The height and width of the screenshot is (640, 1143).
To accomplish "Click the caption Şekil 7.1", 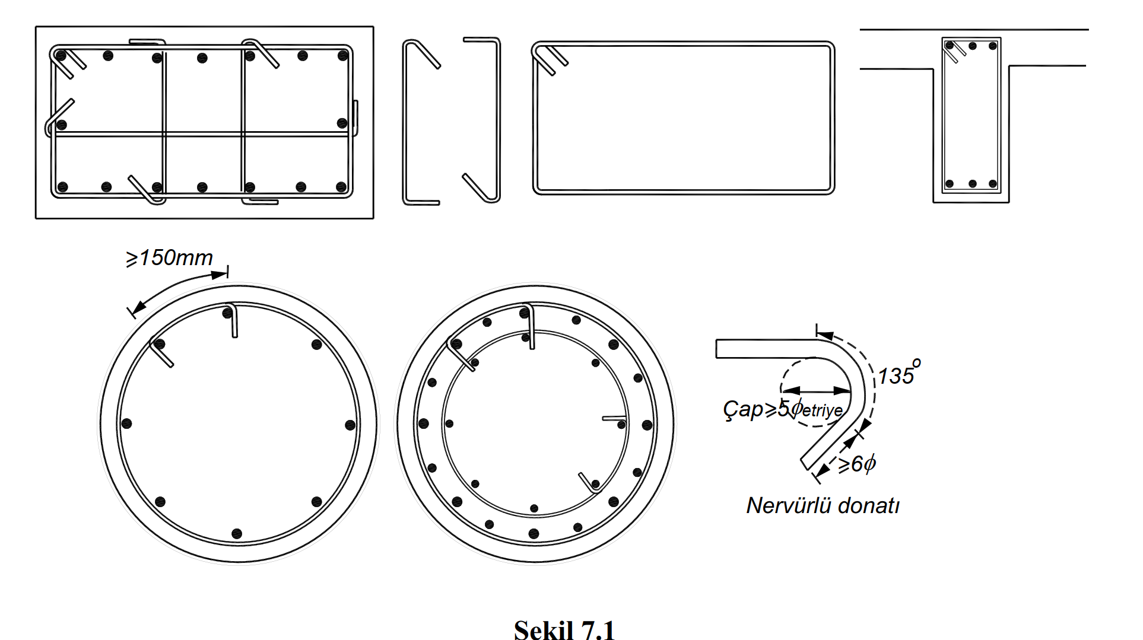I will (x=564, y=629).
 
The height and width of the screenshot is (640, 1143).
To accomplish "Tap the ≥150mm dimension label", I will (x=170, y=258).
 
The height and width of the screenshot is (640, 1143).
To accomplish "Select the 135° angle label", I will (x=898, y=374).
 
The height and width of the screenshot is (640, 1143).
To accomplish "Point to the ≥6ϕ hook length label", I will (x=857, y=463).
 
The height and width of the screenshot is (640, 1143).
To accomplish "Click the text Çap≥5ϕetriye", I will (x=782, y=409).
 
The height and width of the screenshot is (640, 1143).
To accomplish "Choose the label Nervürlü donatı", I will (x=823, y=505).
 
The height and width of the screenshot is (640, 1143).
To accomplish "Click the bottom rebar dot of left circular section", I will (x=237, y=534).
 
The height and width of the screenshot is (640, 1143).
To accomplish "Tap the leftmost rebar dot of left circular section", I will (x=126, y=424).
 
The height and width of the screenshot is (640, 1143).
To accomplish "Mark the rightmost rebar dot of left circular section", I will (x=350, y=425).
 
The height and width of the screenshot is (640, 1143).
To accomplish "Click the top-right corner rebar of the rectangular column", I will (x=342, y=56).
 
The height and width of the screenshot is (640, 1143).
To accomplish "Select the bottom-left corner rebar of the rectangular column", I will (x=62, y=187).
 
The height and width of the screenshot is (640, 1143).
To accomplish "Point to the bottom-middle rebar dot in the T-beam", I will (x=972, y=184).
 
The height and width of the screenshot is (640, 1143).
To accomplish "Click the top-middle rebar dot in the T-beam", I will (x=972, y=46).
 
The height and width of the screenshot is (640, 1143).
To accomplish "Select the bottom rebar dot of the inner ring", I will (x=534, y=508).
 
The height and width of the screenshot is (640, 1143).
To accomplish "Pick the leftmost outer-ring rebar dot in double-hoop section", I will (x=424, y=424).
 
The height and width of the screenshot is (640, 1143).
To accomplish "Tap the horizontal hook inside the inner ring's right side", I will (x=614, y=418).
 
